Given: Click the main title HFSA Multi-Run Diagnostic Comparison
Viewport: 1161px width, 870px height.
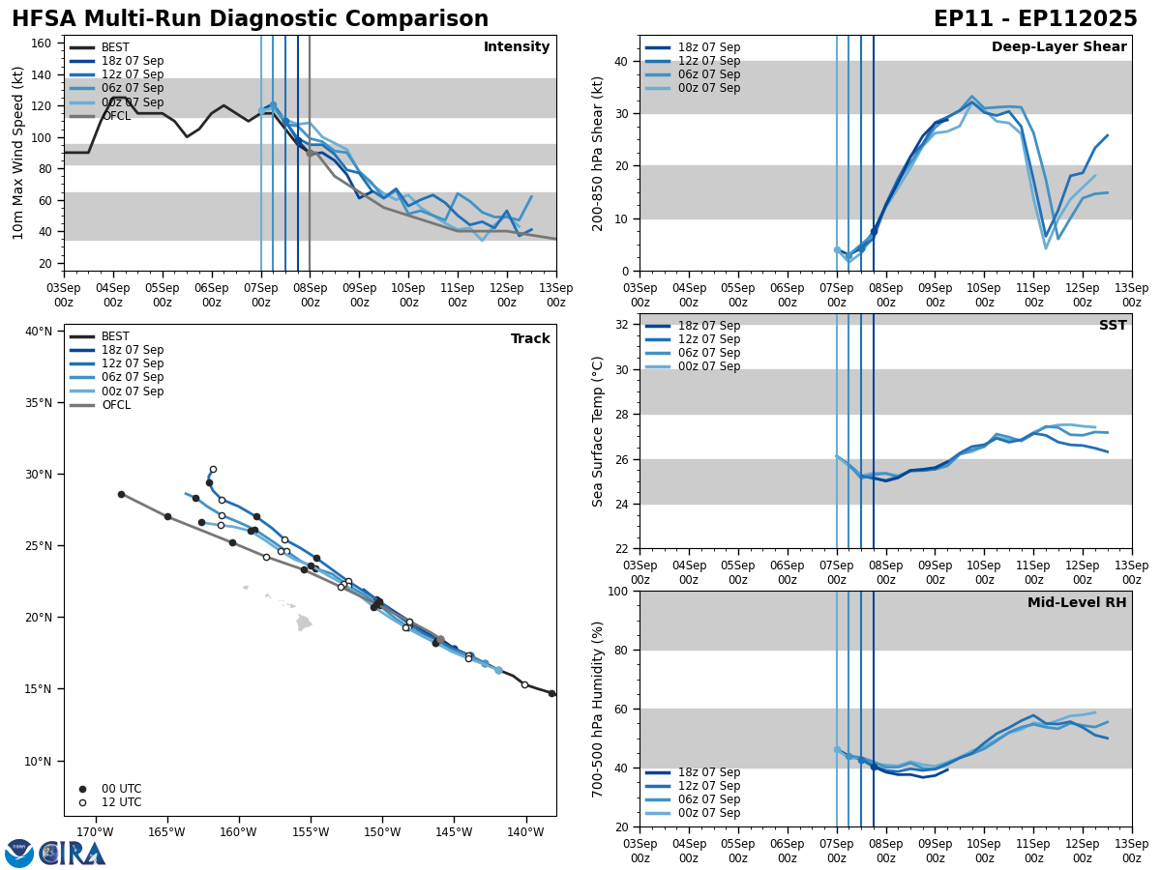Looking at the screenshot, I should point(250,19).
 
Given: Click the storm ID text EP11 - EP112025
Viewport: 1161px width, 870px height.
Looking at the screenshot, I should point(1035,19).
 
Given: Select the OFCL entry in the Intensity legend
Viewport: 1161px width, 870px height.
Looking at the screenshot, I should point(116,116).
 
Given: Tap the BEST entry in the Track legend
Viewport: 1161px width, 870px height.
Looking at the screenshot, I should point(115,336).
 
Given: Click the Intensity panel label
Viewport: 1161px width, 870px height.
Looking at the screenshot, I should point(517,47).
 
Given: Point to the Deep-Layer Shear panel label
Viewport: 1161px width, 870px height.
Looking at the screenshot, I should point(1058,47).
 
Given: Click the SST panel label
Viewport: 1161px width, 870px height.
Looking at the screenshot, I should point(1113,326).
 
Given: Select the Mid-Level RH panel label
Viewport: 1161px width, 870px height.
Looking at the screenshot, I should point(1077,603).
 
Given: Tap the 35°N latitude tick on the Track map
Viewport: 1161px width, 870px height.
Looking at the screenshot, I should point(39,403).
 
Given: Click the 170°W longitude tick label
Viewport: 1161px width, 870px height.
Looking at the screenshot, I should point(94,832).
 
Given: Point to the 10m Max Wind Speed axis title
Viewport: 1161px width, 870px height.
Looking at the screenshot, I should point(18,153).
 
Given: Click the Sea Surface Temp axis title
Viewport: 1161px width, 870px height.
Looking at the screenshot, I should point(598,431).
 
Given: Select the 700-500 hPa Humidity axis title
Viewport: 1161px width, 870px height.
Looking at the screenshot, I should point(598,709).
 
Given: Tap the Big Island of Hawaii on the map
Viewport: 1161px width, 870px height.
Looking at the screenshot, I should point(303,623).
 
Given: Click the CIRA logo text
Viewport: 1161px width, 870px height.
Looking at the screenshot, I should point(73,853).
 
